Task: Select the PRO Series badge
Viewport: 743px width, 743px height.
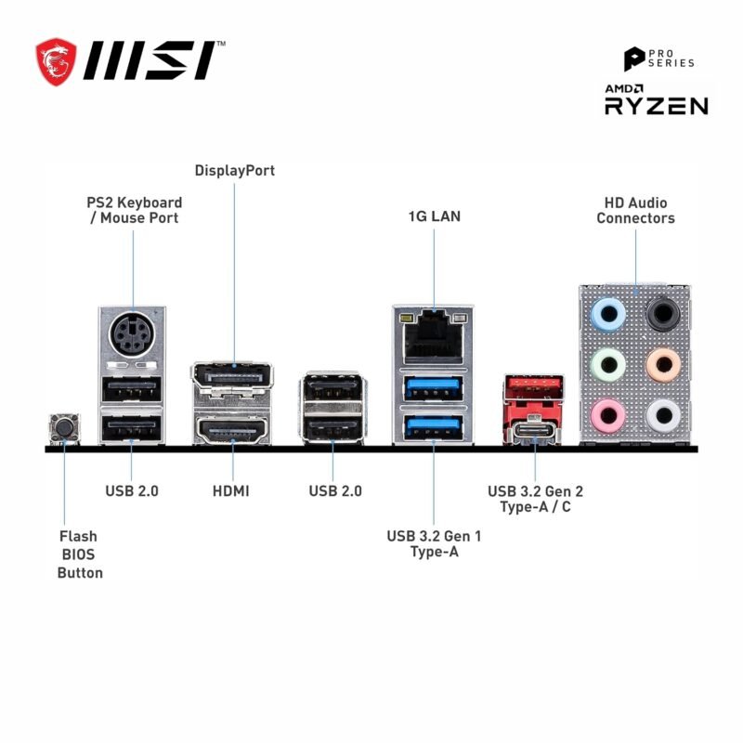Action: (x=658, y=59)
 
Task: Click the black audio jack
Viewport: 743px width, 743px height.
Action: (x=661, y=313)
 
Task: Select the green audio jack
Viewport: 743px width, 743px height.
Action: (x=608, y=362)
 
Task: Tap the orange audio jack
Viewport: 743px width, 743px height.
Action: (x=661, y=362)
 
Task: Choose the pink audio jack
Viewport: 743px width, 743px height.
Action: (x=608, y=412)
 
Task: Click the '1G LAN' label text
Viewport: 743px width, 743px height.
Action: (x=434, y=216)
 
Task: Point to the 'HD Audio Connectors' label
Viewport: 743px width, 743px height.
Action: (x=635, y=210)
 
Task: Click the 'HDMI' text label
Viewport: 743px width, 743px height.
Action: (x=230, y=490)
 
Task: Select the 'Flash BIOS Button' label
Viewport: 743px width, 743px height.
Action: (x=80, y=554)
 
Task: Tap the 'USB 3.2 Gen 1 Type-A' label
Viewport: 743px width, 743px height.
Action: (x=434, y=544)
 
